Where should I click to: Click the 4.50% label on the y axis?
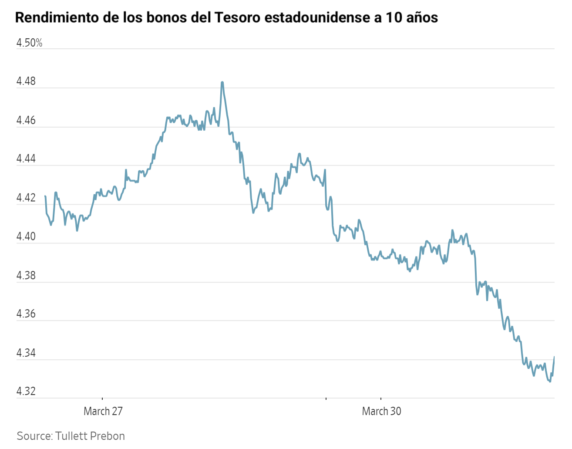click(x=29, y=43)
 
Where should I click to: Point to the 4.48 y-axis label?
click(x=26, y=82)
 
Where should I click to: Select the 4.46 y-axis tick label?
click(x=26, y=121)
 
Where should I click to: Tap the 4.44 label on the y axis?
click(x=26, y=159)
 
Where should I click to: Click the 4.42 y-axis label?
click(x=26, y=198)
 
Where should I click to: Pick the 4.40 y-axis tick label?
click(x=26, y=237)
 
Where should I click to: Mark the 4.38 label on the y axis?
click(x=26, y=276)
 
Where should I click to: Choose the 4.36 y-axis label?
click(x=26, y=314)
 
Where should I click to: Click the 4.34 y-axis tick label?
click(x=26, y=353)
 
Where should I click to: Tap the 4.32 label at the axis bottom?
click(x=26, y=392)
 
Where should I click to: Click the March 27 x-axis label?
click(x=103, y=411)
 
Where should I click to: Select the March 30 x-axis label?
click(x=381, y=411)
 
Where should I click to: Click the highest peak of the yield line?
click(x=222, y=82)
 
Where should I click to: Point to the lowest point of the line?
click(x=550, y=381)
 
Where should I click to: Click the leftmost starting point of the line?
click(x=45, y=196)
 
